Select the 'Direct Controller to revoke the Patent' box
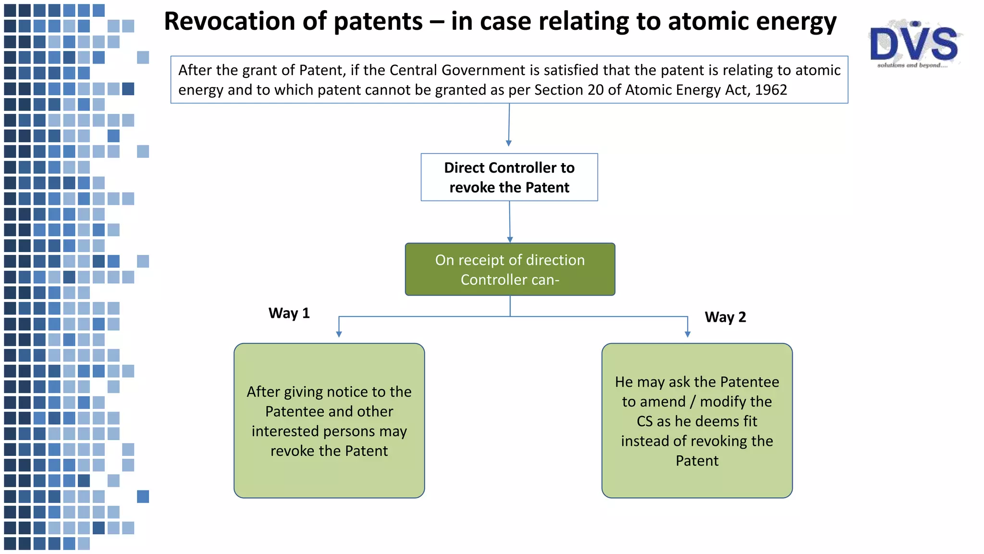tap(509, 177)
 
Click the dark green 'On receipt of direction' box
tap(510, 269)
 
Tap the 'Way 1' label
tap(289, 313)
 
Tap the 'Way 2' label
tap(725, 317)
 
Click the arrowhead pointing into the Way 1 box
tap(339, 334)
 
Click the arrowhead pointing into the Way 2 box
tap(688, 334)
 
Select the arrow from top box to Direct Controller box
tap(509, 125)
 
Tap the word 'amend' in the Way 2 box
tap(666, 402)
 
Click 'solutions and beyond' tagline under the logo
tap(912, 65)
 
